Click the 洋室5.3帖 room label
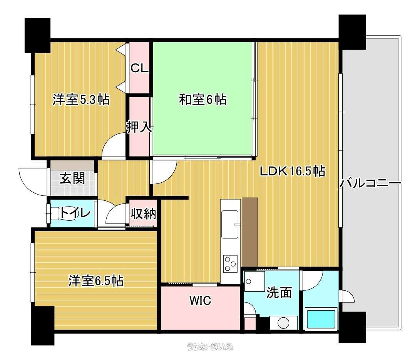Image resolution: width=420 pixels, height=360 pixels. [x=81, y=100]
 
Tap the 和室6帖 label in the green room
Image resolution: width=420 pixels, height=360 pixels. [x=202, y=100]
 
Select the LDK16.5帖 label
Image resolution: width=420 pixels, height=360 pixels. [x=293, y=171]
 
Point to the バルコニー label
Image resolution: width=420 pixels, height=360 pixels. [x=371, y=183]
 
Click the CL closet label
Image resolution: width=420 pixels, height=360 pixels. [x=139, y=68]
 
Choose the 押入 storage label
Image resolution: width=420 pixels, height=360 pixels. [x=139, y=127]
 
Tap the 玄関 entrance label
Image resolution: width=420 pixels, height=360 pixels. [x=72, y=178]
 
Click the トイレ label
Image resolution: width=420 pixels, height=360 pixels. [x=75, y=213]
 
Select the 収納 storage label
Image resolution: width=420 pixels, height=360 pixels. [x=143, y=213]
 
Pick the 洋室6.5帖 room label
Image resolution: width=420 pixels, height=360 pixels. [x=95, y=281]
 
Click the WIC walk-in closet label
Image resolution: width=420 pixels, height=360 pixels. [x=200, y=300]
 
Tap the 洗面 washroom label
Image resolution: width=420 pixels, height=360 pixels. [x=279, y=292]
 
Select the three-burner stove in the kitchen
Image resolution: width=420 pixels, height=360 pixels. [x=230, y=264]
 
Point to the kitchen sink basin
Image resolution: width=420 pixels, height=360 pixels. [x=230, y=224]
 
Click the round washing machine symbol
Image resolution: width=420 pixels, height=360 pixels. [x=283, y=323]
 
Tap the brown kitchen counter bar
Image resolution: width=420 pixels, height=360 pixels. [x=249, y=232]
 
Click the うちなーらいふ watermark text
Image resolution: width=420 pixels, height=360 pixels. [x=210, y=347]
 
